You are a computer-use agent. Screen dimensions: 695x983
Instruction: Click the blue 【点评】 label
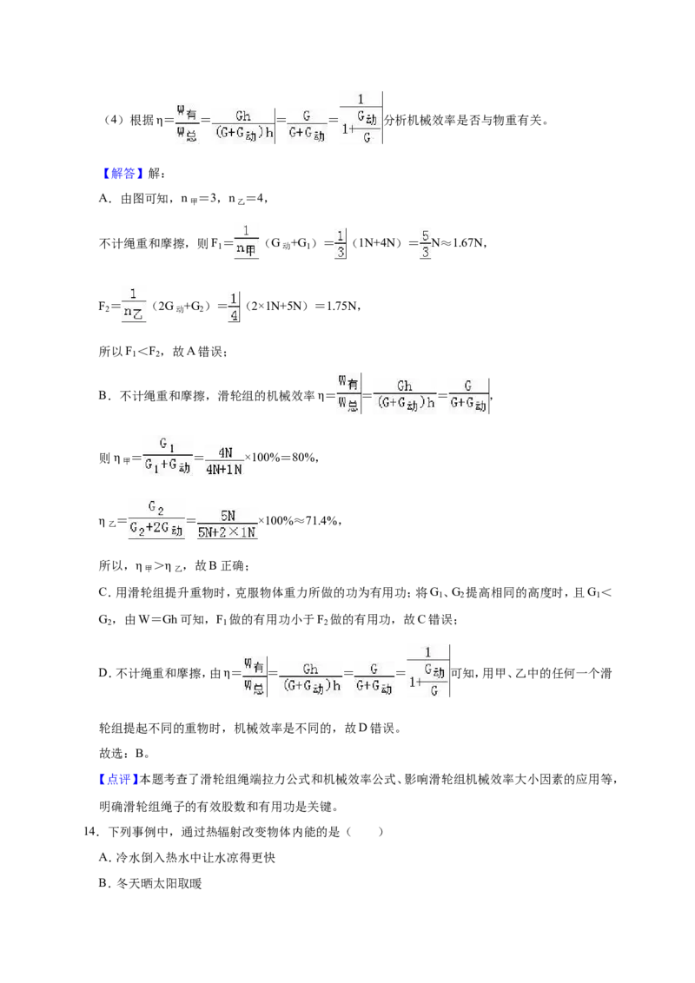(118, 779)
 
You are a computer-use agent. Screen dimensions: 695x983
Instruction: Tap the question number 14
(91, 832)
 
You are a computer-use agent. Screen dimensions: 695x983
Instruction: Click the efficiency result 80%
(303, 458)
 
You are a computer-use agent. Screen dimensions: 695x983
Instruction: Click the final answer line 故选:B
(124, 753)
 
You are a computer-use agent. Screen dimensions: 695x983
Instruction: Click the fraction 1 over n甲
(246, 241)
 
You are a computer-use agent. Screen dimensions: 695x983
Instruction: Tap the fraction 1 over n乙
(133, 306)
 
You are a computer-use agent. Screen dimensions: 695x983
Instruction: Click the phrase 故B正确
(222, 566)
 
